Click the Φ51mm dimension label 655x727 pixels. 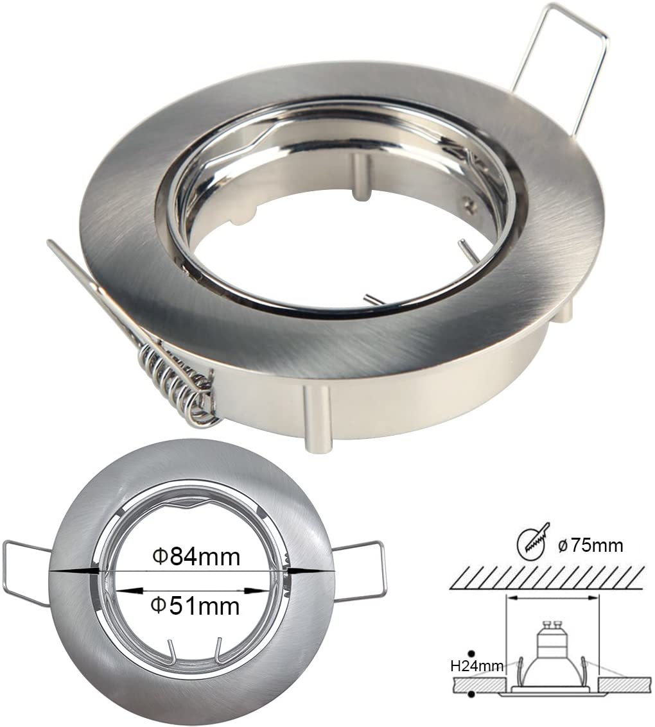pyautogui.click(x=197, y=606)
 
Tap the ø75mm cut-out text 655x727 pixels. pyautogui.click(x=591, y=545)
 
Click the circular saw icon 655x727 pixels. pyautogui.click(x=532, y=542)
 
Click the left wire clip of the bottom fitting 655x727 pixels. pyautogui.click(x=27, y=572)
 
